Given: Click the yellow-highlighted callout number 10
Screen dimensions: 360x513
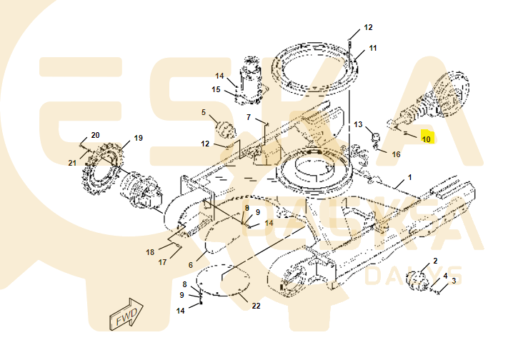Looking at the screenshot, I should (x=426, y=139).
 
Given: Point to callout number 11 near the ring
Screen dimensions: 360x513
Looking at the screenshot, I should (x=372, y=49).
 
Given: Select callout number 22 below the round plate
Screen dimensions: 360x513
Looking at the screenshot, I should (x=256, y=306).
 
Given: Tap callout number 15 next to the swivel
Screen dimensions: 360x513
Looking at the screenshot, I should (x=216, y=89).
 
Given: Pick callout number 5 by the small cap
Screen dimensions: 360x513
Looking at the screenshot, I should (x=203, y=112).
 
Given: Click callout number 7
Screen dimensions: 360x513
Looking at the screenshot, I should (x=249, y=117).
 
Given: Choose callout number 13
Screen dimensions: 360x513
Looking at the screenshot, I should (x=359, y=124).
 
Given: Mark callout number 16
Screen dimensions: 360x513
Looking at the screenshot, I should (x=396, y=154).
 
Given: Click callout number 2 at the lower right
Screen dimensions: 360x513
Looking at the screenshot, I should (x=435, y=261).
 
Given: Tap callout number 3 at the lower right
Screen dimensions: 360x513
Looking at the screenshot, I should (x=453, y=281).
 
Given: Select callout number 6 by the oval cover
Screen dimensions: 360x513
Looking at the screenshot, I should (x=191, y=265).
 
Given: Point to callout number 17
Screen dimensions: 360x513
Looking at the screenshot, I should (x=162, y=262).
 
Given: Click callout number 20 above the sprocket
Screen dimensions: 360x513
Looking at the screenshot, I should (x=95, y=135).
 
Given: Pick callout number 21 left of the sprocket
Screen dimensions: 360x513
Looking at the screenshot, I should (x=72, y=163).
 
